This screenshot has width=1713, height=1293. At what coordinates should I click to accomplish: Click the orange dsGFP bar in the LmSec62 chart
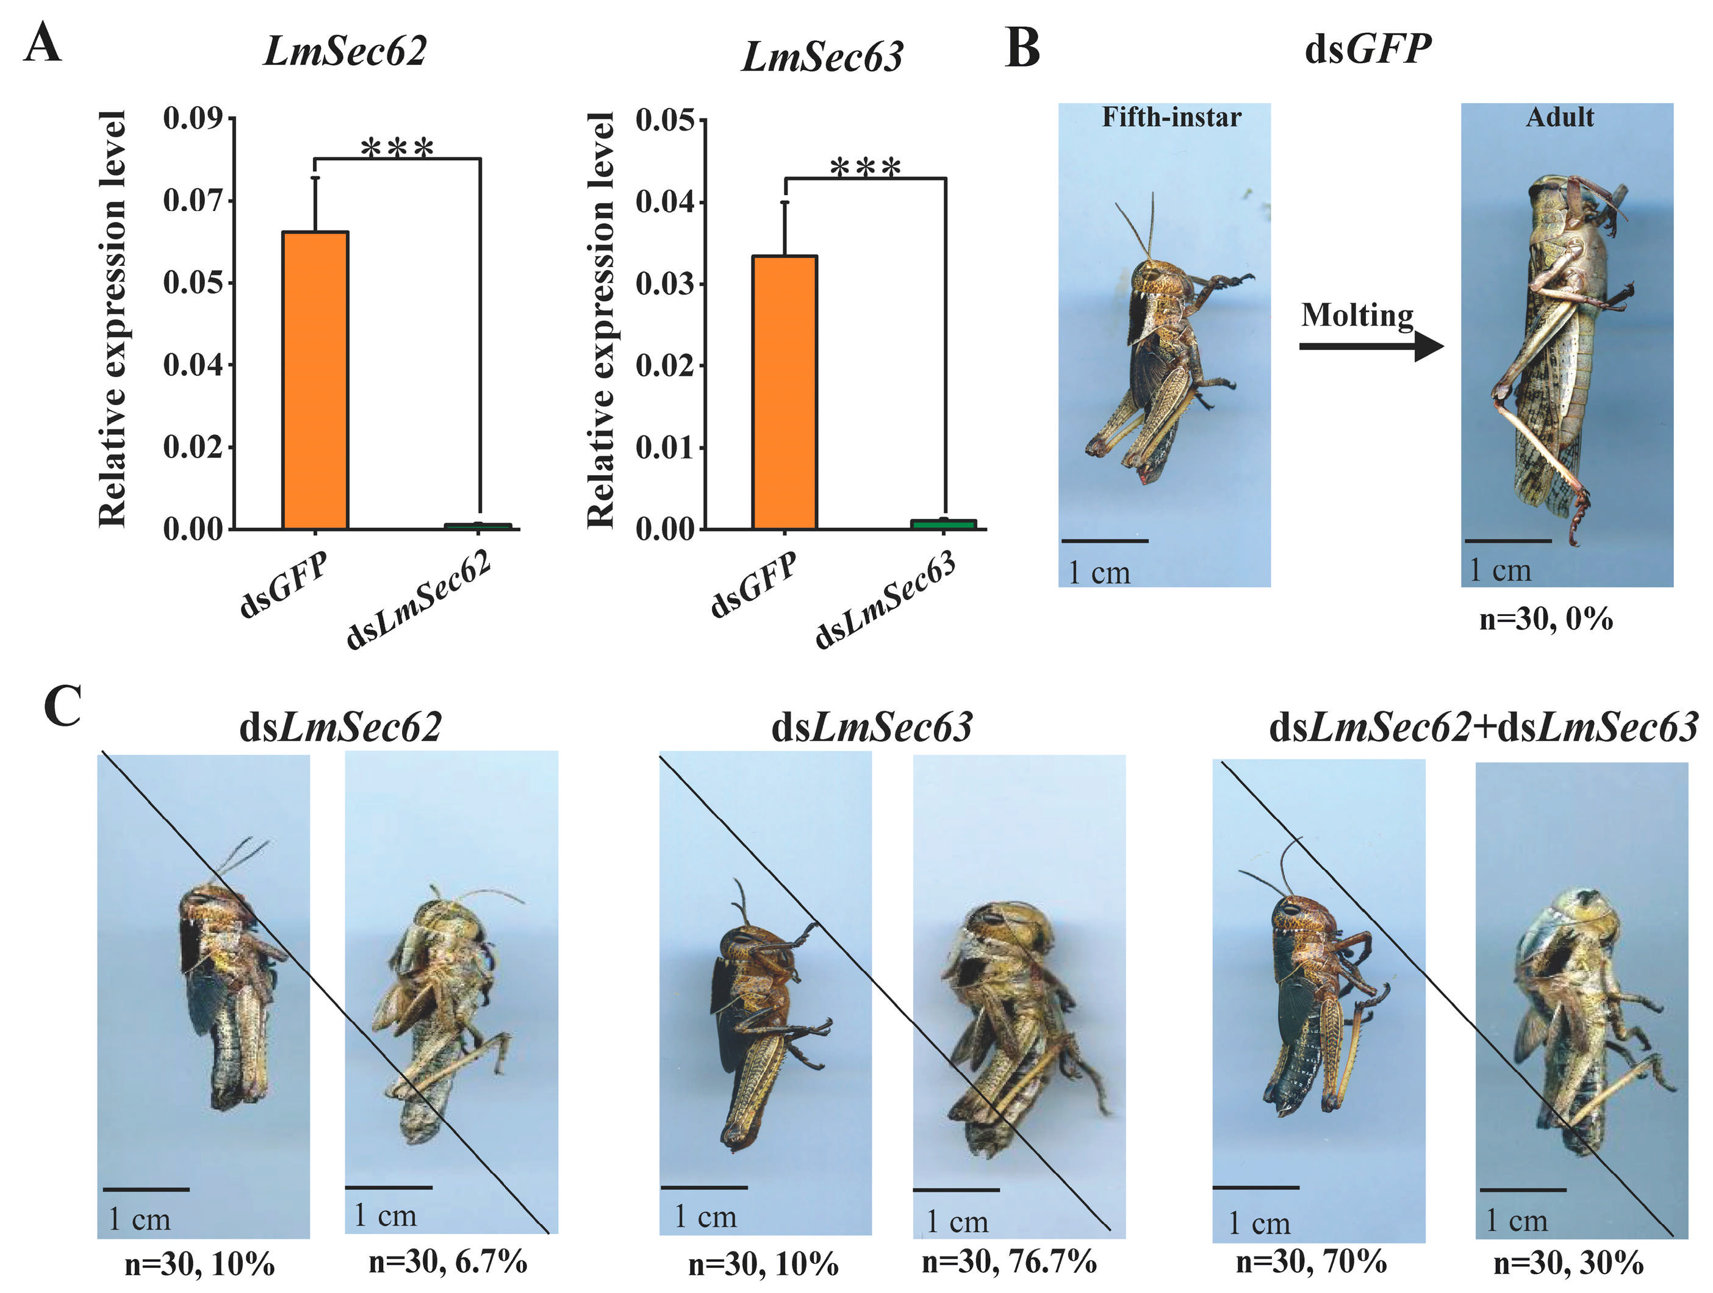[315, 379]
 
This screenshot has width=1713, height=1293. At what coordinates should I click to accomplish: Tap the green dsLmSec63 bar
[943, 524]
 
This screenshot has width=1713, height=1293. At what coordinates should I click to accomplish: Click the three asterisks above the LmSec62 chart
[397, 148]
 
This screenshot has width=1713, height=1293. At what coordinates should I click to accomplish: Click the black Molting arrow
[1371, 346]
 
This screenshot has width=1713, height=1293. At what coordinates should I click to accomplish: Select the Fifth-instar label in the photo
[1171, 117]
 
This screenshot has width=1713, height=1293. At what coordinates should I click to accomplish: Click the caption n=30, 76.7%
[1008, 1261]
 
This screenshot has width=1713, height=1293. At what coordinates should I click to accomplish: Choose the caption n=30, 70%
[1311, 1261]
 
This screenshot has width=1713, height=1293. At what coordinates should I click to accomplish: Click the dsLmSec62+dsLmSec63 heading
[1483, 727]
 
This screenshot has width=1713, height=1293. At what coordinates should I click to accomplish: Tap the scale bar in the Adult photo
[1509, 541]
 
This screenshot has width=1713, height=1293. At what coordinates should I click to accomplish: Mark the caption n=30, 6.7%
[448, 1261]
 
